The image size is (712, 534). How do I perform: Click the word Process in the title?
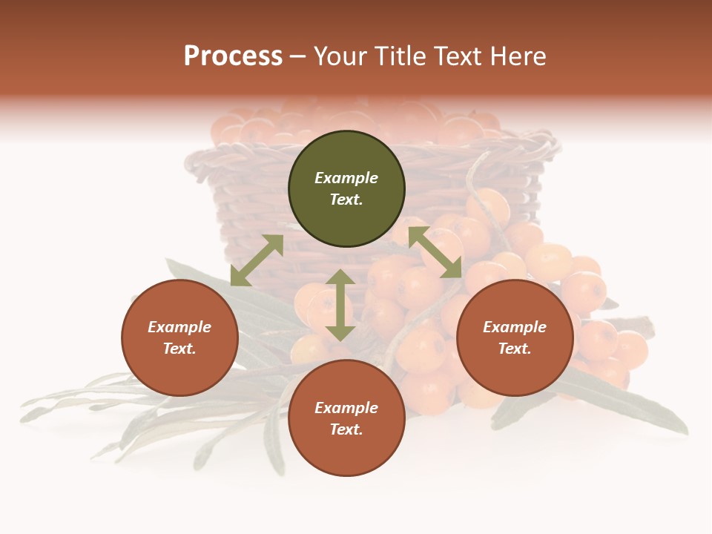coord(233,56)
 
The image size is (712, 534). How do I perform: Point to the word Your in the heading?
coord(341,56)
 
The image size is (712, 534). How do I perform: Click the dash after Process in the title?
coord(297,57)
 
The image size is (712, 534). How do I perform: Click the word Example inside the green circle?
coord(346,178)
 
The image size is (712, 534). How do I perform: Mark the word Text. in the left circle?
coord(179,349)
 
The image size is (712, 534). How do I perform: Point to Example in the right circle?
coord(515,327)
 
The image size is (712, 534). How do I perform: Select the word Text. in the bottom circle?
coord(346,429)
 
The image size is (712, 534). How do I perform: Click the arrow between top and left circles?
coord(257,260)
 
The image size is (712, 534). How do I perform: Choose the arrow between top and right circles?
coord(435,252)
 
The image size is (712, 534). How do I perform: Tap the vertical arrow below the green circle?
coord(340,305)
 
